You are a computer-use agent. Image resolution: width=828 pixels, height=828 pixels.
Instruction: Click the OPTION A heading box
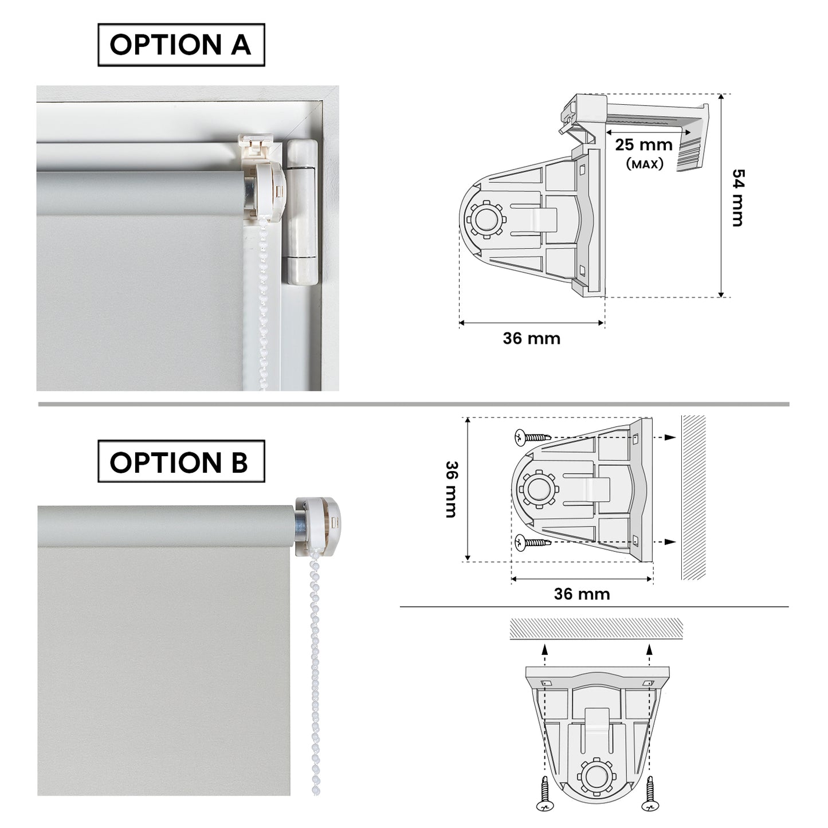[x=181, y=45]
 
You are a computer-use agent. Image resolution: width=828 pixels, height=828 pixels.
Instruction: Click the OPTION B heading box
[x=181, y=461]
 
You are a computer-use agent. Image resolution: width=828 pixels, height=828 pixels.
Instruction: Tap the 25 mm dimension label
[x=643, y=145]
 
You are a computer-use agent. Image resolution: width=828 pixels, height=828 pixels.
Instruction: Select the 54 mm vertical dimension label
[x=738, y=198]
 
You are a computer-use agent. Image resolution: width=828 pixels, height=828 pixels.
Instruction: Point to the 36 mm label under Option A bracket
[x=532, y=339]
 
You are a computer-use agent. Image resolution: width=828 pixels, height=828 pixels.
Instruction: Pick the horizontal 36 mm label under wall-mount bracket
[x=582, y=594]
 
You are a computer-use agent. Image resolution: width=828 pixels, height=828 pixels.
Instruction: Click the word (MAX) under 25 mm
[x=645, y=164]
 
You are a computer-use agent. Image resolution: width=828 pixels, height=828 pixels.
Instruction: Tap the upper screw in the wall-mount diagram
[x=532, y=437]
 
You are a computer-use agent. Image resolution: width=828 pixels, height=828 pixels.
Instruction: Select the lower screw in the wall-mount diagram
[x=532, y=543]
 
